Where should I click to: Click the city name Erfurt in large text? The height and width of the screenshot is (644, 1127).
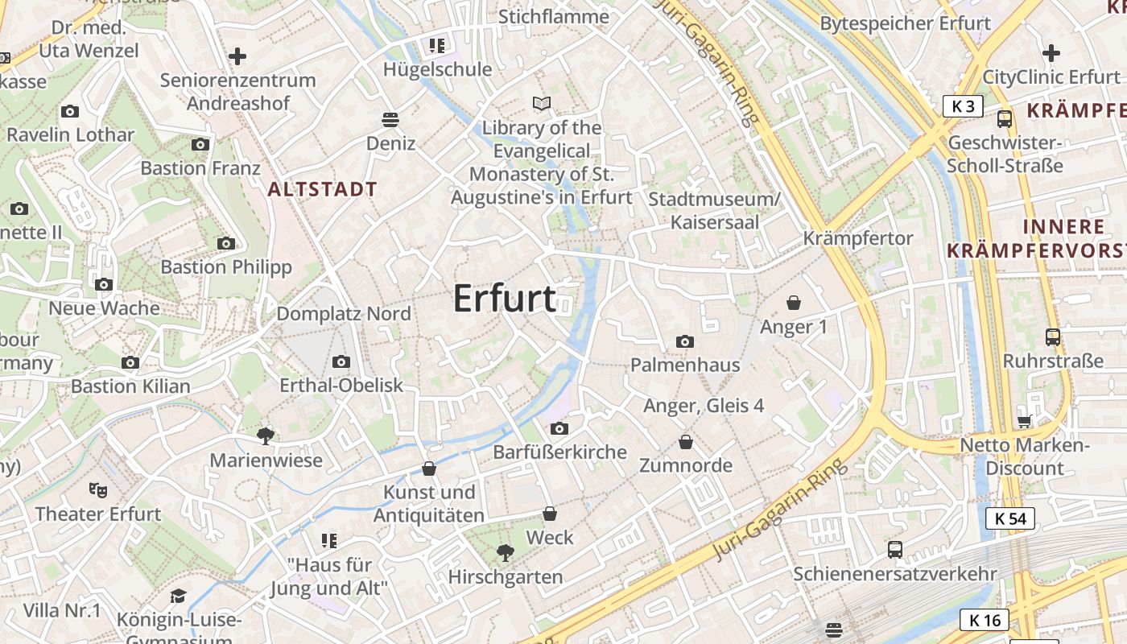(x=504, y=299)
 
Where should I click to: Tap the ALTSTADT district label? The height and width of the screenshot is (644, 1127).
(x=322, y=190)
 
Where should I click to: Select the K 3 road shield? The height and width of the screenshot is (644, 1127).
(x=963, y=105)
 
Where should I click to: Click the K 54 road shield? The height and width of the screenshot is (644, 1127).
(x=1010, y=518)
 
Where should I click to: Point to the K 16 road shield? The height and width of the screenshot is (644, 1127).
(x=985, y=620)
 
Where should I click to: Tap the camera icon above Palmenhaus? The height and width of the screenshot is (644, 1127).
(x=685, y=341)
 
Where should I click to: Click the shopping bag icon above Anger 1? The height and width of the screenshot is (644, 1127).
(x=794, y=303)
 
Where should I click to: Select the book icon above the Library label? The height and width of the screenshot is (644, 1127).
(x=543, y=104)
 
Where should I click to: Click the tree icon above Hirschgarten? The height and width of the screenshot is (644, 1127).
(x=506, y=553)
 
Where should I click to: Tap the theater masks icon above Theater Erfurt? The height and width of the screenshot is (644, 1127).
(x=98, y=489)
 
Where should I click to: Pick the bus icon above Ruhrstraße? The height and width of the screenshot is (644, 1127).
(x=1052, y=336)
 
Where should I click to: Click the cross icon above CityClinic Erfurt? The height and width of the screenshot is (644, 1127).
(x=1051, y=53)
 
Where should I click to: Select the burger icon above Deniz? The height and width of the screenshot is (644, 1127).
(x=390, y=120)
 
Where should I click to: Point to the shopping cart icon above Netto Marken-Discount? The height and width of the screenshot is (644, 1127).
(x=1025, y=421)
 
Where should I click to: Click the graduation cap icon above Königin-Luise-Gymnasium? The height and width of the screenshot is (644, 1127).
(x=179, y=596)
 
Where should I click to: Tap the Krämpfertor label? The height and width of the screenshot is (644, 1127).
(x=858, y=238)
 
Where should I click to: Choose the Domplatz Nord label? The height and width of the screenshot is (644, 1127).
(x=344, y=314)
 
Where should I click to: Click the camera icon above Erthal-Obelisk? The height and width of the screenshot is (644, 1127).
(x=341, y=361)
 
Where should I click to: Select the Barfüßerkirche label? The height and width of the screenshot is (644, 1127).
(x=559, y=452)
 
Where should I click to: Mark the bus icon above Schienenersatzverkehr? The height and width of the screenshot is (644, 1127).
(x=895, y=550)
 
